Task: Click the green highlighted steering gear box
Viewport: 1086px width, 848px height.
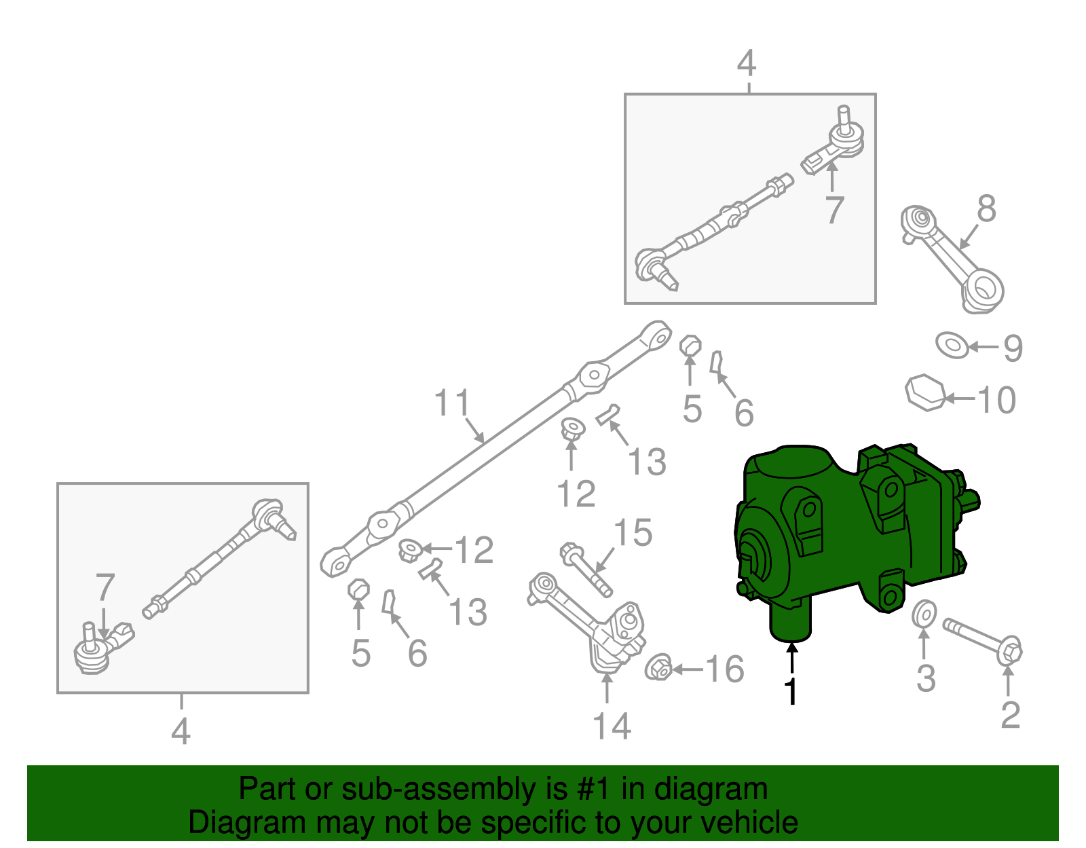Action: pos(848,536)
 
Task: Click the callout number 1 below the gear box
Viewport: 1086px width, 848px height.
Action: pos(791,691)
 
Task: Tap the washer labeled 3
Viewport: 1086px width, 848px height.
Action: pos(924,614)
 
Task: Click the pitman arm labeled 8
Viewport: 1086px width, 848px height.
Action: pos(950,258)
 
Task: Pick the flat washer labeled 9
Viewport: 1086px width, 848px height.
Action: pos(952,345)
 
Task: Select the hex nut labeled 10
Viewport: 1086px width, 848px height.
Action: pos(924,392)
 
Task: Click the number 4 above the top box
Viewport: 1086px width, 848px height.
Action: pos(746,64)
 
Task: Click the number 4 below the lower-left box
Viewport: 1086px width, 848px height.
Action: pos(181,732)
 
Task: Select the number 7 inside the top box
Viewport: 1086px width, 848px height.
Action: pos(834,210)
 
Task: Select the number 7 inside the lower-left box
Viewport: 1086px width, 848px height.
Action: pos(105,588)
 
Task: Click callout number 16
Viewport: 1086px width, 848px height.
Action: pos(725,669)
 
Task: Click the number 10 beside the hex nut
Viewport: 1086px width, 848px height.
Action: pos(996,400)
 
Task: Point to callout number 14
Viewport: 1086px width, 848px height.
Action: pos(612,726)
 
